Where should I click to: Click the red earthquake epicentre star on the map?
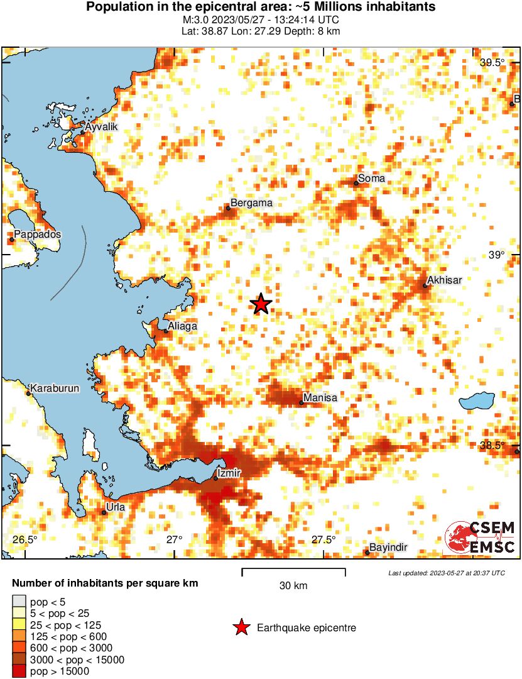click(261, 304)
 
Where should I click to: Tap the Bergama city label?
click(251, 203)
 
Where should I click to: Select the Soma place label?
click(371, 179)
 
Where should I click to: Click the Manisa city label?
click(320, 398)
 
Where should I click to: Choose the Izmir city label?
click(227, 472)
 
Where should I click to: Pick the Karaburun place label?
click(55, 389)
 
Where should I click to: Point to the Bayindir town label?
click(388, 548)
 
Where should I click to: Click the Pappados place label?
click(38, 235)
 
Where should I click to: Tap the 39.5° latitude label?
click(492, 62)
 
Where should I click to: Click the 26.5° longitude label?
click(25, 539)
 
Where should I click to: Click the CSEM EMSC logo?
click(481, 538)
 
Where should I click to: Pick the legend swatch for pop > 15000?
click(19, 671)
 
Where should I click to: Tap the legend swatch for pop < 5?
click(19, 602)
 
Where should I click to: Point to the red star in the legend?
click(241, 627)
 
